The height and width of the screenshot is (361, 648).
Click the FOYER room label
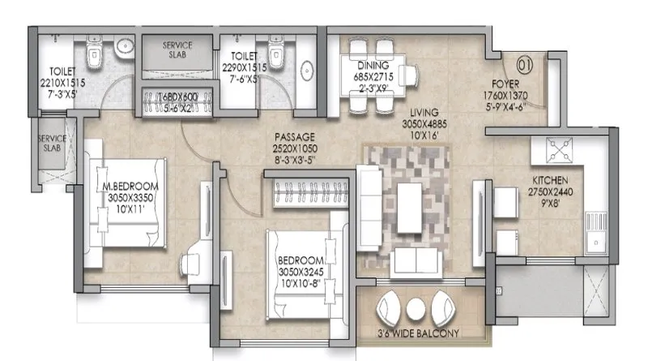[x=510, y=83]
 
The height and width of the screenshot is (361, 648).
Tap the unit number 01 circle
[x=524, y=59]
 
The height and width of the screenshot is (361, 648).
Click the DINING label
[x=371, y=66]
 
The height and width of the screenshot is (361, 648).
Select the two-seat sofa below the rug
[x=416, y=260]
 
